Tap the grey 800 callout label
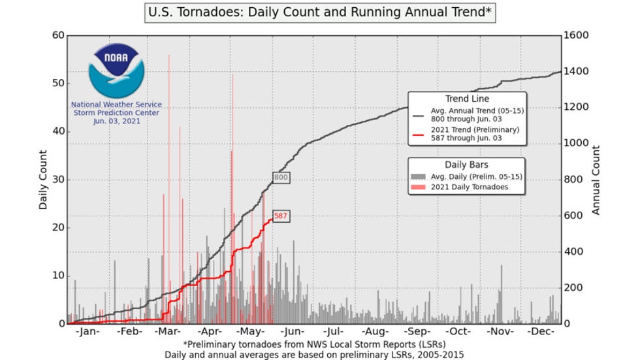pyautogui.click(x=281, y=177)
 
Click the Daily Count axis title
pyautogui.click(x=43, y=180)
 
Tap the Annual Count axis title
pyautogui.click(x=596, y=180)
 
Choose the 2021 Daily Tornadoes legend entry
pyautogui.click(x=469, y=187)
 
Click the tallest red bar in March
pyautogui.click(x=169, y=131)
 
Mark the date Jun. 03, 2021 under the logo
pyautogui.click(x=116, y=121)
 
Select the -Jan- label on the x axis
pyautogui.click(x=87, y=332)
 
